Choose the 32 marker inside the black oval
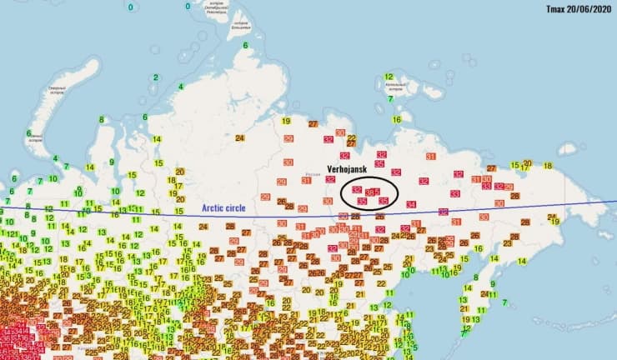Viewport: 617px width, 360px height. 356,190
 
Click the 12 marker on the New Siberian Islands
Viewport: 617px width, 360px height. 389,77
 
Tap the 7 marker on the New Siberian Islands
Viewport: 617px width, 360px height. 390,98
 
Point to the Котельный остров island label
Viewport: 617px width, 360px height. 397,86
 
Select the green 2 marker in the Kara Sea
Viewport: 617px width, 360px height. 155,77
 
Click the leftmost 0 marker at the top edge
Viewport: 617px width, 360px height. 130,7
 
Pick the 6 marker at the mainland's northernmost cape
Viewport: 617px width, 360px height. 246,45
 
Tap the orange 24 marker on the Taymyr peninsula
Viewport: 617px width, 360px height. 240,137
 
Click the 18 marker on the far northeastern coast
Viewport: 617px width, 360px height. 548,166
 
